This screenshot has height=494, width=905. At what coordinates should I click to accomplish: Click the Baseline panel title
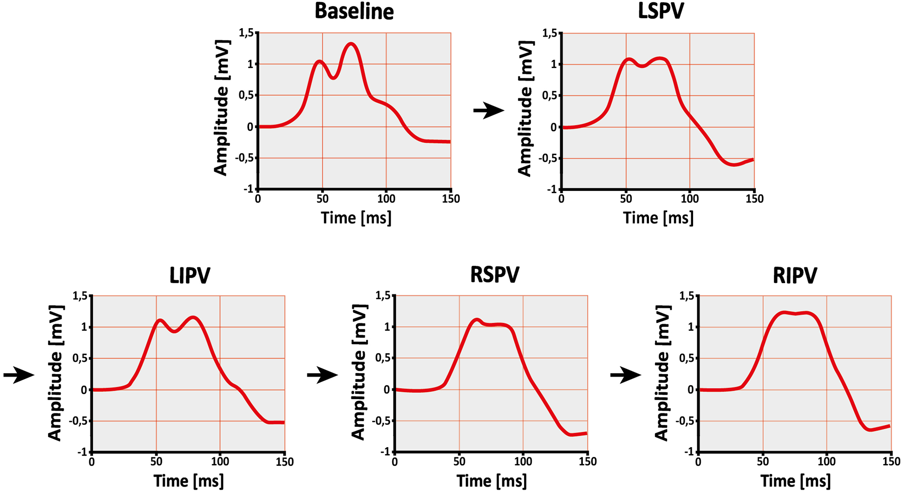pos(354,11)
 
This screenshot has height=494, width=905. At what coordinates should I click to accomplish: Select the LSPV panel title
pos(661,11)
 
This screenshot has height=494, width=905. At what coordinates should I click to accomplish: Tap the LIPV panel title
pos(190,275)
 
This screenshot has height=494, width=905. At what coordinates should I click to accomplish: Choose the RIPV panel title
pos(795,275)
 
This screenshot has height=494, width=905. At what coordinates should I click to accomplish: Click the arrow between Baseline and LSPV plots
pos(488,111)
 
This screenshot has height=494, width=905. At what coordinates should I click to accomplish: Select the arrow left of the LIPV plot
pos(19,374)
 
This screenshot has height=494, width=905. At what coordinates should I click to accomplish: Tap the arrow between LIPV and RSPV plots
pos(322,374)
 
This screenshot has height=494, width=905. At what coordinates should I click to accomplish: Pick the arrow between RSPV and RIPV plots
pos(625,374)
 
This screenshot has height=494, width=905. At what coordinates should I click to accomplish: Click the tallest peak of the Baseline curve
pos(351,44)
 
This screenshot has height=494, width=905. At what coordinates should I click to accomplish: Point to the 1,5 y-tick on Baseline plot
pos(246,33)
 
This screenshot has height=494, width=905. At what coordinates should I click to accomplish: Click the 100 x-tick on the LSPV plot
pos(689,199)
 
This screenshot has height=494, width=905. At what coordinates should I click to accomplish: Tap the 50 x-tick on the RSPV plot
pos(459,462)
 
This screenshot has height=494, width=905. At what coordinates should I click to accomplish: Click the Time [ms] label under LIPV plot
pos(189,481)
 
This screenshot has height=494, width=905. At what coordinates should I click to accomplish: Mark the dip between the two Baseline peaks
pos(333,78)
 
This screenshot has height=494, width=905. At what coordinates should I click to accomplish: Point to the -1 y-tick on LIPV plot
pos(82,452)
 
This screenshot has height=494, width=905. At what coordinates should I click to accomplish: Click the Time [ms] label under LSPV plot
pos(658,218)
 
